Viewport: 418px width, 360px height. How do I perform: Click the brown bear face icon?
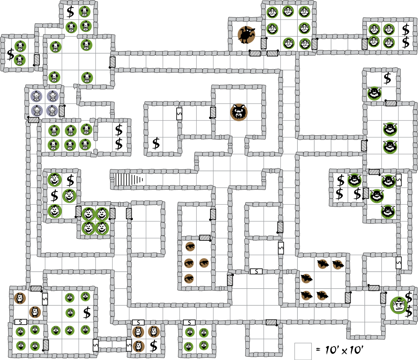pos(239,112)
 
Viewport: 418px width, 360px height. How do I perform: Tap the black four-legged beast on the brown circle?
pos(246,35)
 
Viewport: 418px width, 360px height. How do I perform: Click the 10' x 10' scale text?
pos(344,350)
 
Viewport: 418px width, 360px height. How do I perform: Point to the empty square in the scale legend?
pos(303,351)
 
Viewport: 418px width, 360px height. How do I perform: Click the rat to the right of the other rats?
pos(204,263)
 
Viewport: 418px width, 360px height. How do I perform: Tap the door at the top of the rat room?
pos(205,238)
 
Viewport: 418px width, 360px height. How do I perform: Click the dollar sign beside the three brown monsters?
pos(154,346)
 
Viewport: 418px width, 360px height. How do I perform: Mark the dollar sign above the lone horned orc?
pos(387,78)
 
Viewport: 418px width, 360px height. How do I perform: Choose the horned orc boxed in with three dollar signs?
pos(355,180)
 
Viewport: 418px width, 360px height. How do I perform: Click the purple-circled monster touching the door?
pos(52,110)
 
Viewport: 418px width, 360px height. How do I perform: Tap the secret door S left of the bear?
pos(179,114)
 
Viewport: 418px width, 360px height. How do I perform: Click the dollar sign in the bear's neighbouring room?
pos(156,143)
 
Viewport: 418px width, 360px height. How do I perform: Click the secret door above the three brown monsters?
pos(138,323)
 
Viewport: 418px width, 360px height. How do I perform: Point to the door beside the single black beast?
pos(264,43)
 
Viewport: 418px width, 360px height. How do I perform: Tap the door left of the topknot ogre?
pos(383,298)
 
